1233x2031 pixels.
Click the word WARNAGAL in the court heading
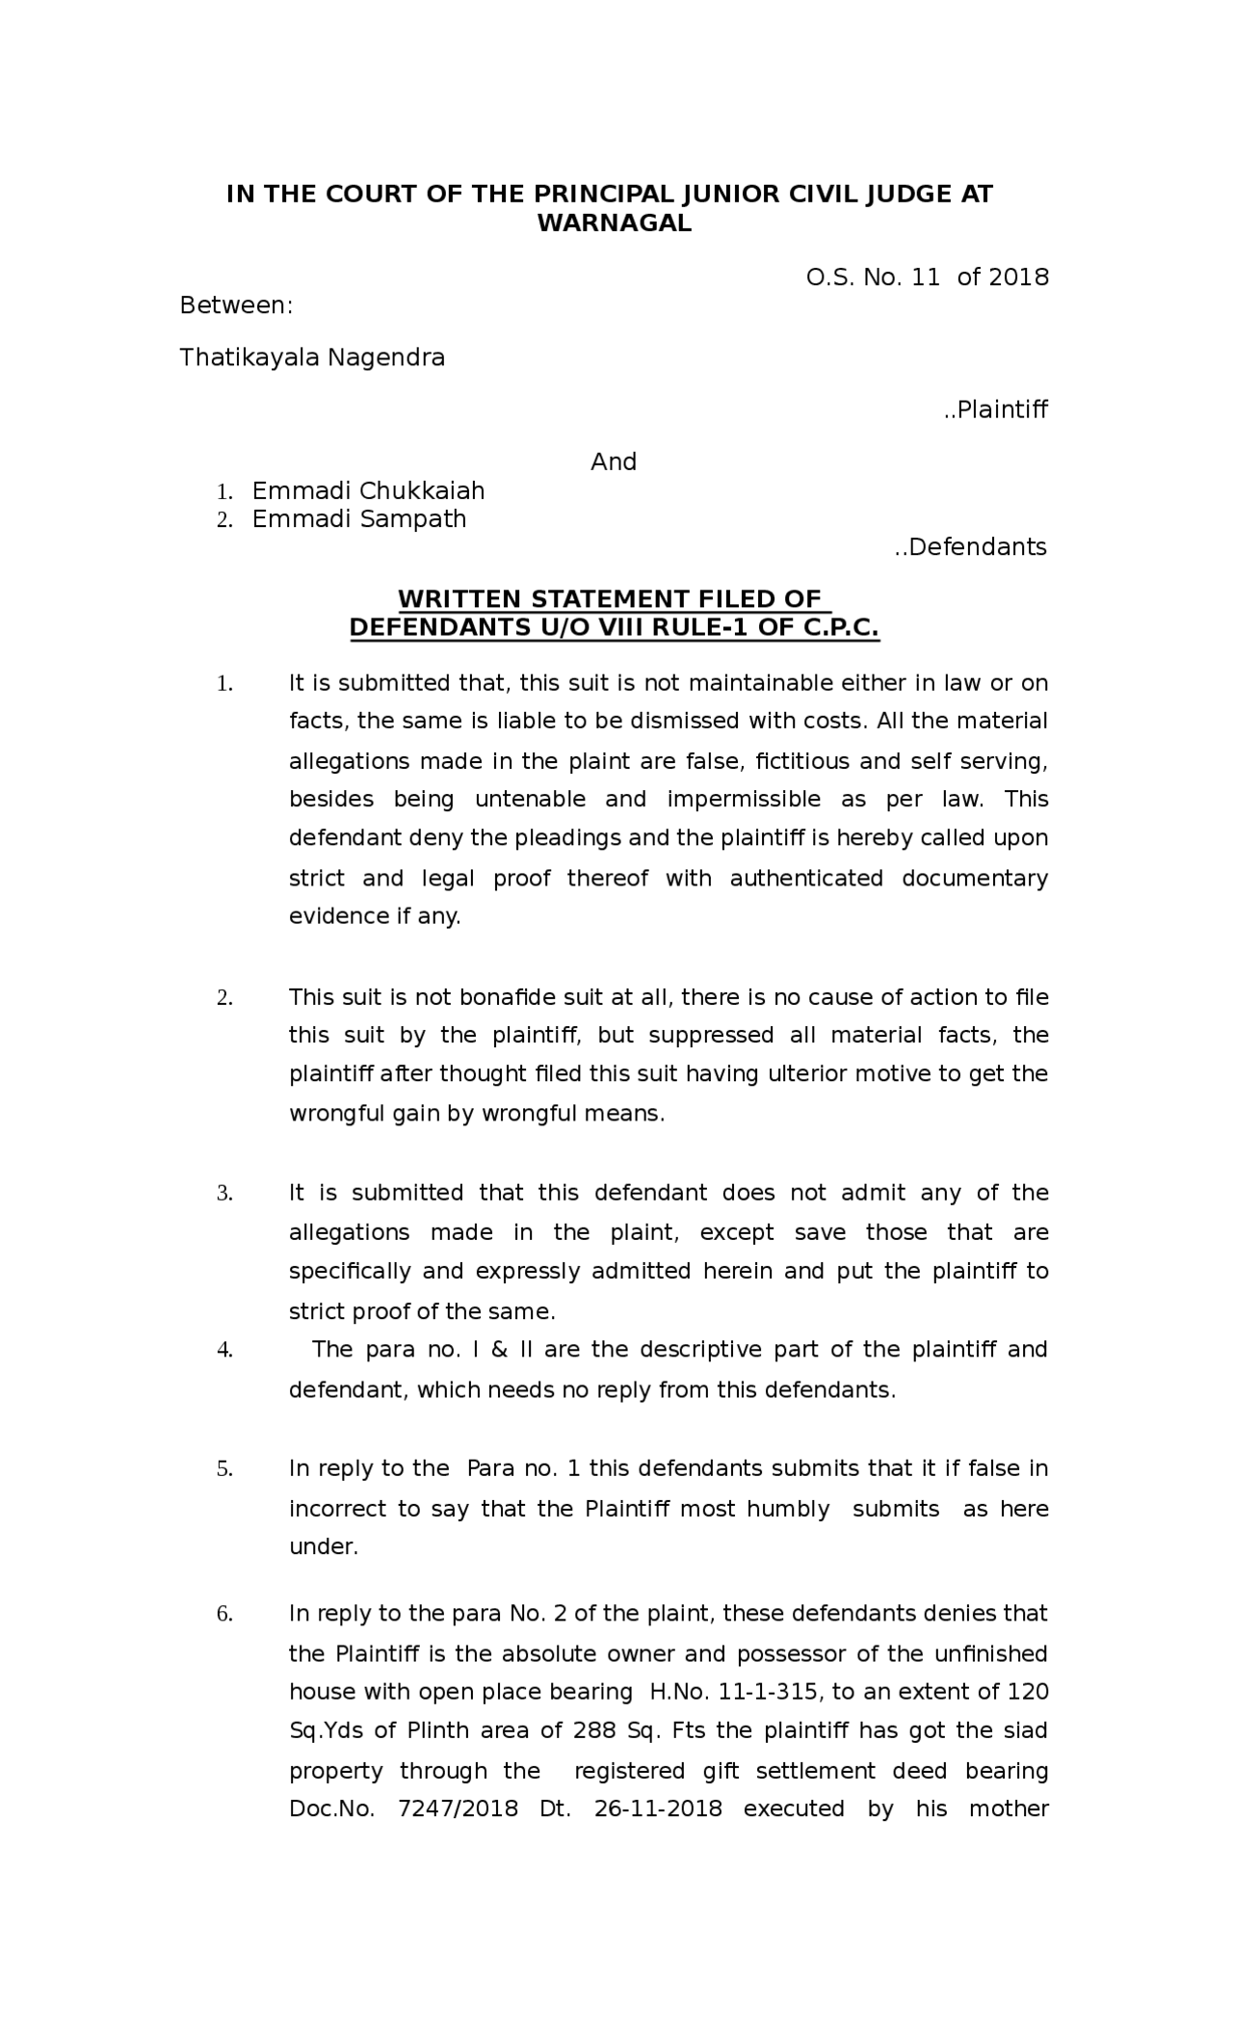(614, 224)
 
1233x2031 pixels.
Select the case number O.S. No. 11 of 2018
(927, 277)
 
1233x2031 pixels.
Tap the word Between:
(236, 305)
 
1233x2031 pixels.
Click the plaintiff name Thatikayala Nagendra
(312, 357)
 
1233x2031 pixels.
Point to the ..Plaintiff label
(995, 409)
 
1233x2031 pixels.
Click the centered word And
(614, 462)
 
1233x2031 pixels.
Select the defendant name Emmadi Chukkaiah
(368, 490)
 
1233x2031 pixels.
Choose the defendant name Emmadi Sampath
(359, 518)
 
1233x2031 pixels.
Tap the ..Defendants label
(970, 547)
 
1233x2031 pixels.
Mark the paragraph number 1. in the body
(224, 685)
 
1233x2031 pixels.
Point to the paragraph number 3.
(224, 1194)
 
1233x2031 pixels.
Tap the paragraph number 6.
(224, 1615)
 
